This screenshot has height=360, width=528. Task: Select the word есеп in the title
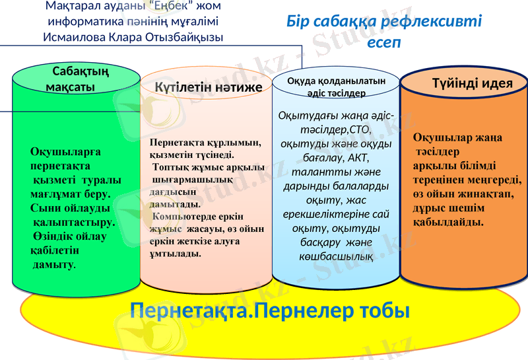[385, 42]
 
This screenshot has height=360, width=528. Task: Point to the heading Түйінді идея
[472, 84]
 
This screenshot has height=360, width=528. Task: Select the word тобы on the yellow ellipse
[382, 310]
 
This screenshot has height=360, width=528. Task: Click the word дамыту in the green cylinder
[53, 264]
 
